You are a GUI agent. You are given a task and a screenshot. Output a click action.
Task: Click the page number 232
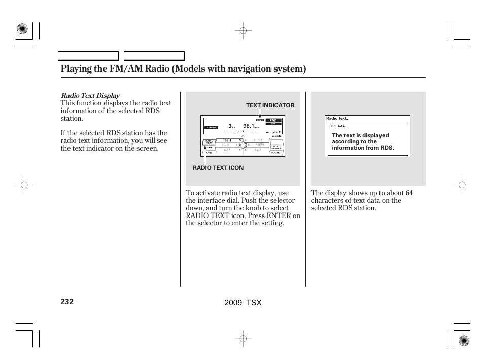pos(67,302)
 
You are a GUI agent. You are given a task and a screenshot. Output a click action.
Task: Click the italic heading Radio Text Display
pos(90,95)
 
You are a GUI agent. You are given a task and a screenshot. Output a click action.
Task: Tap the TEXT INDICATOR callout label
pos(270,105)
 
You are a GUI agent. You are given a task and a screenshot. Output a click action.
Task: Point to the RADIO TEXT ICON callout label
pos(218,168)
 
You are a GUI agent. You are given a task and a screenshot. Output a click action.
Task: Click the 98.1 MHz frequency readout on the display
pos(250,126)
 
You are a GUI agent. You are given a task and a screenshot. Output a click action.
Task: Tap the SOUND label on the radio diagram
pos(276,153)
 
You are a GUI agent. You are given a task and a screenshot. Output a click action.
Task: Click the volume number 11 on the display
pos(280,132)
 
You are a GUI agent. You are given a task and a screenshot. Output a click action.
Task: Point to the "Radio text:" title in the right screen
pos(337,119)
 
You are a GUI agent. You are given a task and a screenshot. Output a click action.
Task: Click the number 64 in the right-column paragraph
pos(409,193)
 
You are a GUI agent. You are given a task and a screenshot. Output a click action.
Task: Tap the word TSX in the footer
pos(254,302)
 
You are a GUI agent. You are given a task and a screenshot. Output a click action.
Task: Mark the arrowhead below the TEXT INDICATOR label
pos(266,118)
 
